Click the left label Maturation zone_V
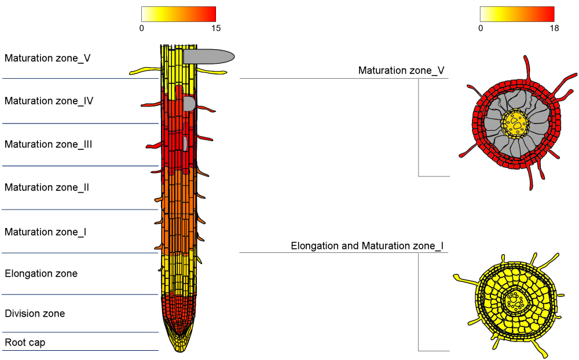[x=47, y=58]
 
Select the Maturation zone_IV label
[x=49, y=101]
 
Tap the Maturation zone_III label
[x=48, y=144]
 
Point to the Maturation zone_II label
[x=46, y=188]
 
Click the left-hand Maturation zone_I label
[x=45, y=232]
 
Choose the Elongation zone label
[x=41, y=273]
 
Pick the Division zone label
[x=35, y=314]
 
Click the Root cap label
[x=25, y=343]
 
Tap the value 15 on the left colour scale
[x=215, y=28]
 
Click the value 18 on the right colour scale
[x=554, y=28]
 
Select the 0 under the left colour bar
[x=142, y=28]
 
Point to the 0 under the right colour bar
[x=481, y=28]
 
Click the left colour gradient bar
[x=178, y=14]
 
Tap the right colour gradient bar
[x=517, y=14]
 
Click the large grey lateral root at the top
[x=208, y=56]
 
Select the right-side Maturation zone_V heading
[x=401, y=71]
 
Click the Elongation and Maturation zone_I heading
[x=367, y=246]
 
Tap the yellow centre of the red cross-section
[x=515, y=123]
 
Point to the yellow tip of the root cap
[x=180, y=345]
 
